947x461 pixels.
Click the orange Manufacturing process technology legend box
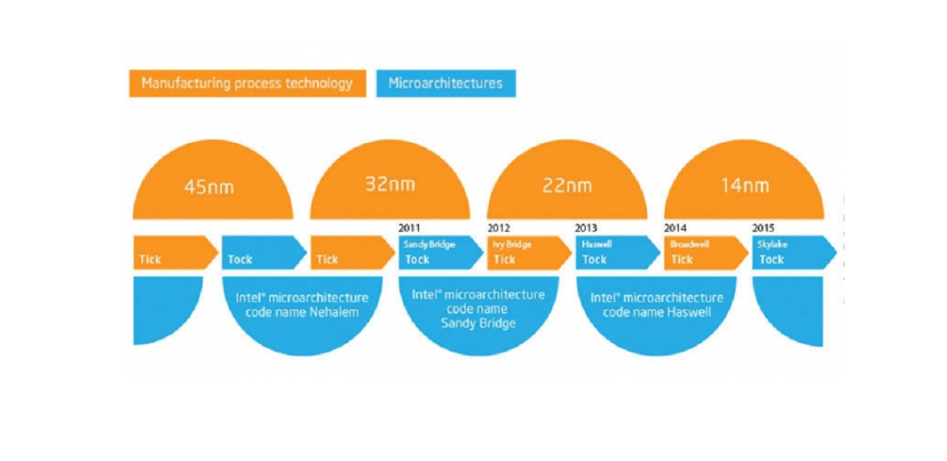pyautogui.click(x=247, y=83)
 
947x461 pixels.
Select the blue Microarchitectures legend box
pyautogui.click(x=445, y=83)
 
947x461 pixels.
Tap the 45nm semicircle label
pyautogui.click(x=209, y=186)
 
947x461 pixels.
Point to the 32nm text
pyautogui.click(x=390, y=184)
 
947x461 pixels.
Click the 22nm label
pyautogui.click(x=566, y=185)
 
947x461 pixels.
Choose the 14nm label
pyautogui.click(x=744, y=185)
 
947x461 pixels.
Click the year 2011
pyautogui.click(x=410, y=228)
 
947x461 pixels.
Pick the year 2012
pyautogui.click(x=499, y=228)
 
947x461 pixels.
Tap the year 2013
pyautogui.click(x=587, y=228)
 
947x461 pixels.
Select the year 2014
pyautogui.click(x=675, y=228)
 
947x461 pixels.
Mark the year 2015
pyautogui.click(x=764, y=228)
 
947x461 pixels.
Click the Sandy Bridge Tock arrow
pyautogui.click(x=441, y=252)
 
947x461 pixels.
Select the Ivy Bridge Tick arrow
pyautogui.click(x=530, y=252)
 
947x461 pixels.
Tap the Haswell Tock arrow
pyautogui.click(x=618, y=252)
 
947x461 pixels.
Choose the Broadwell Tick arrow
pyautogui.click(x=707, y=252)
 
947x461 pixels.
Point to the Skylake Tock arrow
pyautogui.click(x=794, y=252)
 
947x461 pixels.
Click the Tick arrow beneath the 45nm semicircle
pyautogui.click(x=175, y=252)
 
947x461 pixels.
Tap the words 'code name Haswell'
pyautogui.click(x=657, y=313)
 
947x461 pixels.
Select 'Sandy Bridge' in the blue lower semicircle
pyautogui.click(x=479, y=324)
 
